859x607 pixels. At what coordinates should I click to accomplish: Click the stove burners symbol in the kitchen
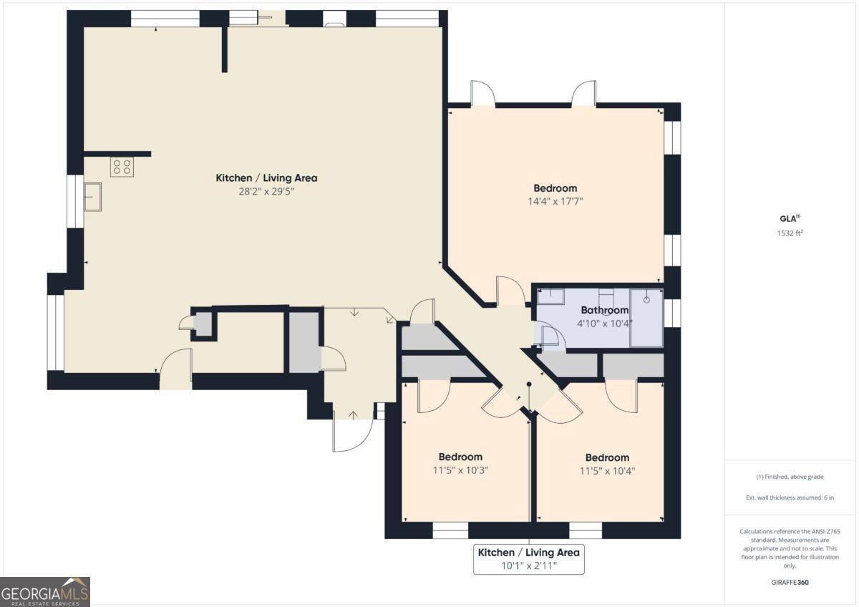click(x=121, y=167)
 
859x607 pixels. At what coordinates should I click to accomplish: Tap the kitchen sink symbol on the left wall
click(x=92, y=197)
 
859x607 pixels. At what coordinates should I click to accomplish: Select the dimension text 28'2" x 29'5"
click(x=266, y=191)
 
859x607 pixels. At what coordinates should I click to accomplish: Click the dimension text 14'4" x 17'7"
click(x=555, y=202)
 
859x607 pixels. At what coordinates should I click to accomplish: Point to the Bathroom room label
click(x=604, y=310)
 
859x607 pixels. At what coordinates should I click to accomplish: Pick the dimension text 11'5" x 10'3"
click(x=460, y=470)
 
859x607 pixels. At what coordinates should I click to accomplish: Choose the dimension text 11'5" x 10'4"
click(x=607, y=470)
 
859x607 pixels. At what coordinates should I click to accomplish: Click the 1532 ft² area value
click(x=791, y=233)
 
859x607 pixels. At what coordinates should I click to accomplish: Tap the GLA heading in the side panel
click(x=789, y=219)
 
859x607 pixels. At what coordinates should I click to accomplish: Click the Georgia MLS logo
click(x=45, y=591)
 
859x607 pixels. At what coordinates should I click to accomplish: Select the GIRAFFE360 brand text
click(x=791, y=583)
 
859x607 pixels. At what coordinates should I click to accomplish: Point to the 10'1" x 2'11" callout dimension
click(x=528, y=565)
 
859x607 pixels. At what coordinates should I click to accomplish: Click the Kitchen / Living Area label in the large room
click(x=266, y=178)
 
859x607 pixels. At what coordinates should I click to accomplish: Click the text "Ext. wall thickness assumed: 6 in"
click(x=791, y=497)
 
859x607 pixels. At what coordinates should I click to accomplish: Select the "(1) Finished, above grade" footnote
click(x=791, y=477)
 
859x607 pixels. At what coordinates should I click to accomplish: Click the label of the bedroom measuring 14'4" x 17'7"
click(x=555, y=188)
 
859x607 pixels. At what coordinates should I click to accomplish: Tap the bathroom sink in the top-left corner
click(x=550, y=295)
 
